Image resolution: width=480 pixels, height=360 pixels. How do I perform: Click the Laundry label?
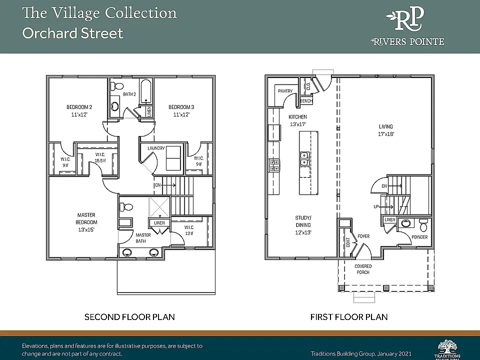156,148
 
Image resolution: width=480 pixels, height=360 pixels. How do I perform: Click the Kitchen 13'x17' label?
298,120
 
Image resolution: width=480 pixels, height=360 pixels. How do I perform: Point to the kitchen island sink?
303,159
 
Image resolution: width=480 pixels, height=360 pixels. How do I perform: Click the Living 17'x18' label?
385,130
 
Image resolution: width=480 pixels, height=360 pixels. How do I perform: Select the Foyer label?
363,236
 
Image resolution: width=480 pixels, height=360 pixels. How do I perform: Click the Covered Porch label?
363,269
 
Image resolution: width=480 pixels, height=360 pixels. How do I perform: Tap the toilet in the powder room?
423,223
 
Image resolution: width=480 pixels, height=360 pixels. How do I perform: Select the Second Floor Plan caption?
129,317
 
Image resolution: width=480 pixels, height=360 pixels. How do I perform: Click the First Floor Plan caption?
348,317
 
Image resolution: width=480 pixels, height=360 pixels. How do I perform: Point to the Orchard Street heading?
72,34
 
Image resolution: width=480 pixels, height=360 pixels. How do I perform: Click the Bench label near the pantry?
306,101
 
